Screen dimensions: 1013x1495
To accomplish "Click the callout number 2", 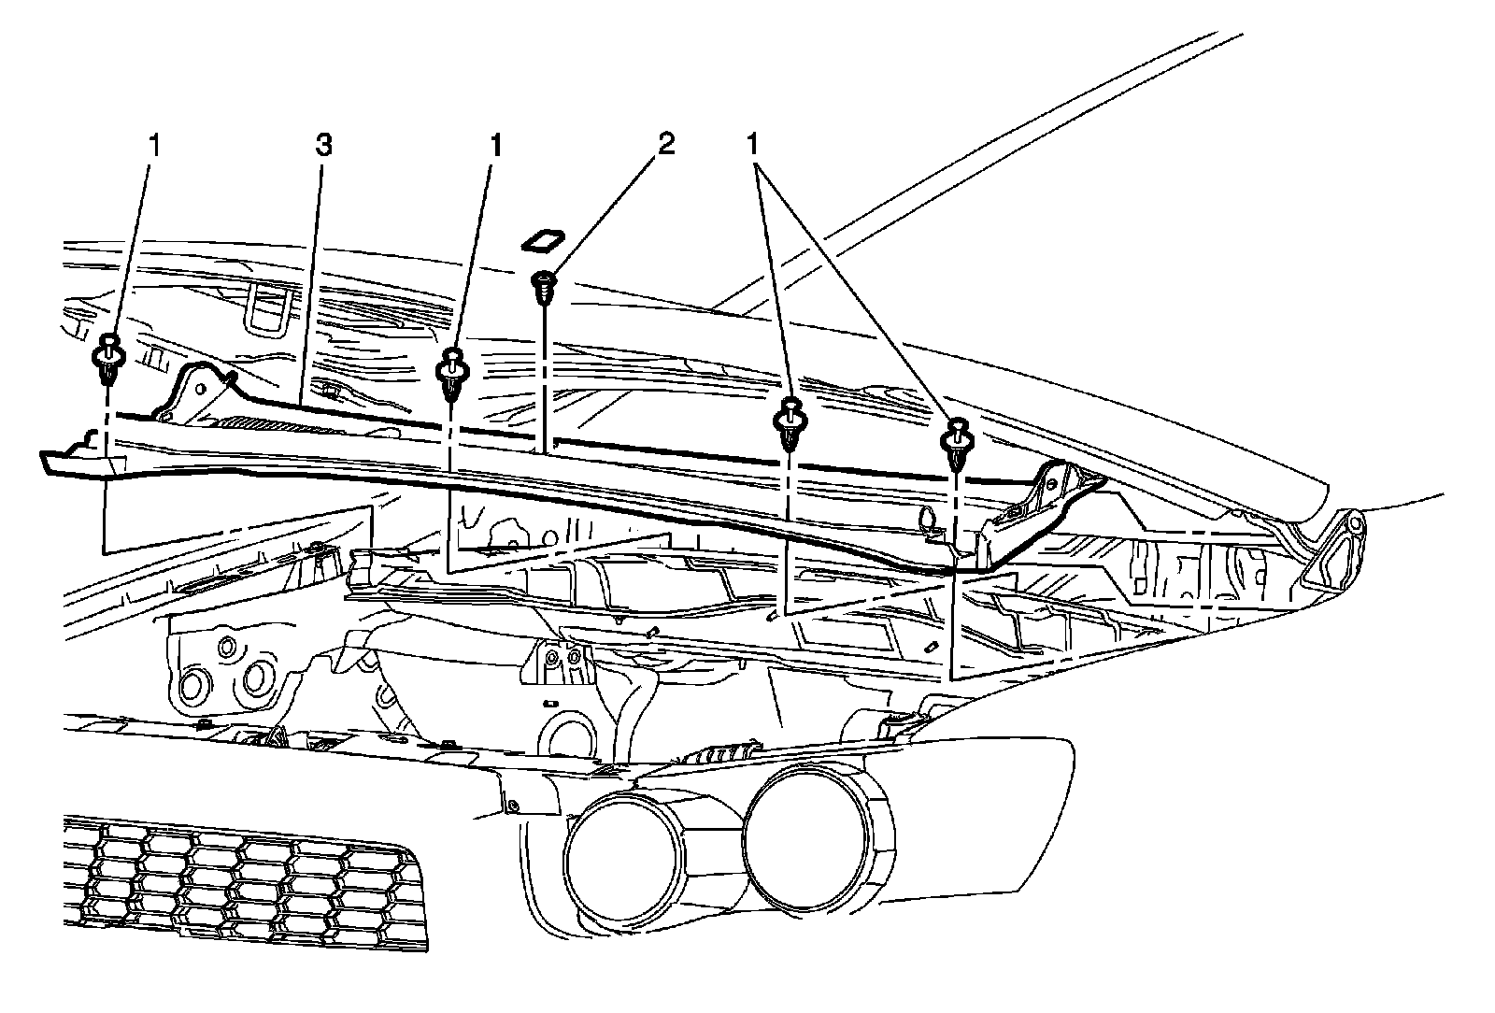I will coord(666,145).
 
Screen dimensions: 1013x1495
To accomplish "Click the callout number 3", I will coord(323,146).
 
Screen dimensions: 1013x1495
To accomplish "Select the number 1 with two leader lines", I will coord(753,145).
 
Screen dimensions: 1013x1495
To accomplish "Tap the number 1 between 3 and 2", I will coord(497,145).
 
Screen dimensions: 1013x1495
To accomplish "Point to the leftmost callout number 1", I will coord(155,145).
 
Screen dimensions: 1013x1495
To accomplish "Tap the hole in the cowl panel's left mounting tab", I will coord(166,408).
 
